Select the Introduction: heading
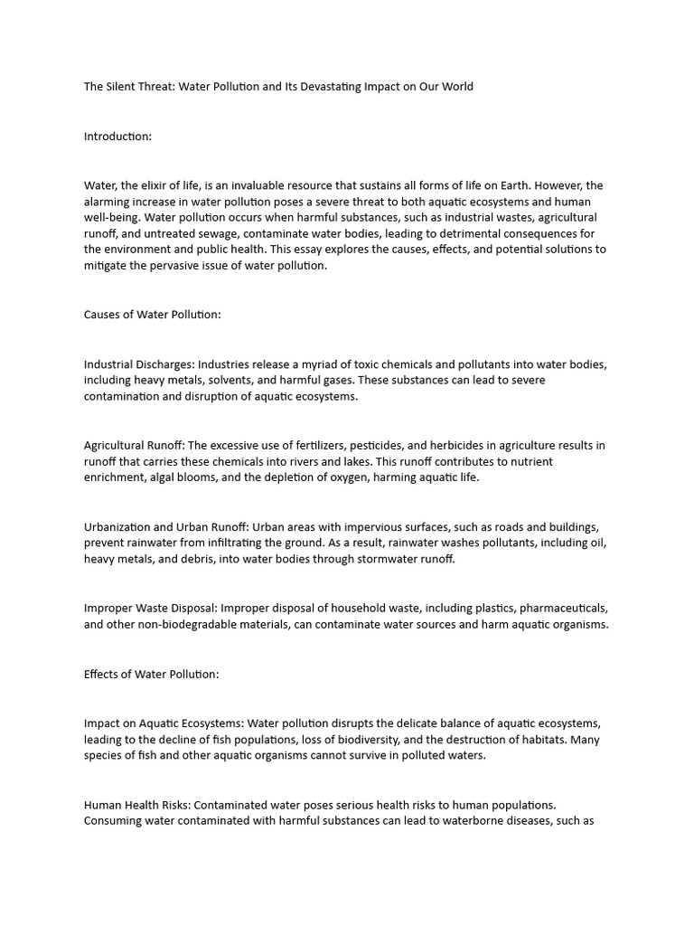117,137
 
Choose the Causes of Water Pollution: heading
151,315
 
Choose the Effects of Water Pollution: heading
151,675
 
